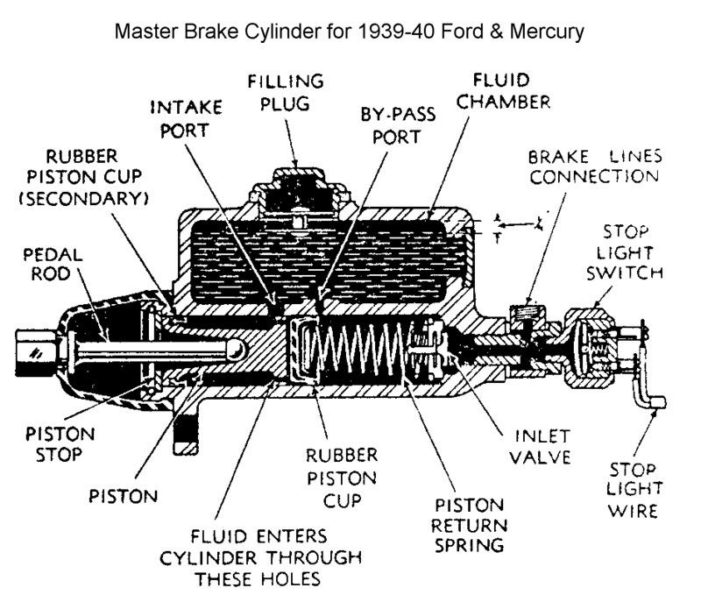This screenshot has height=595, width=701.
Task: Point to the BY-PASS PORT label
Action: point(391,127)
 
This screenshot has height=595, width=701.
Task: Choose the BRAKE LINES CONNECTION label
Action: point(593,166)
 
